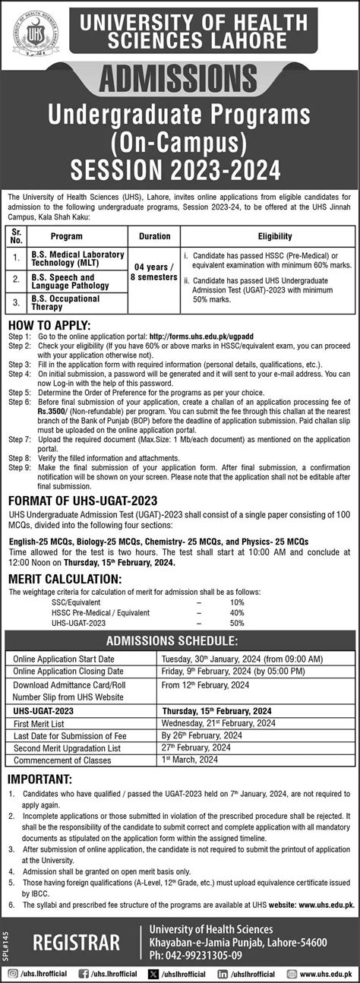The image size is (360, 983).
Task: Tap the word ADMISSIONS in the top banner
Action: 180,78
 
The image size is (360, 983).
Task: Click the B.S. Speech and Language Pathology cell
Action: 74,282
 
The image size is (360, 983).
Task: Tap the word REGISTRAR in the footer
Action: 76,943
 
